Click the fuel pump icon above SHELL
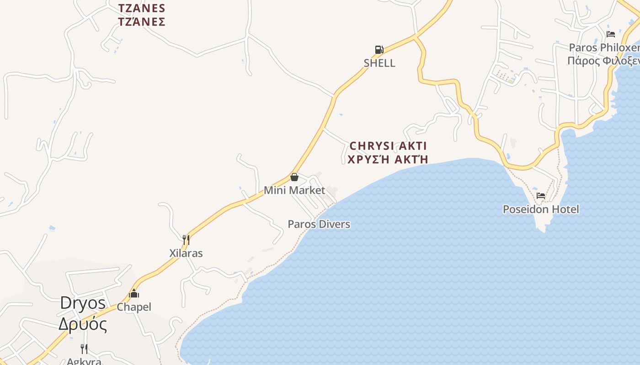tap(379, 49)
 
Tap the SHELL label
tap(379, 63)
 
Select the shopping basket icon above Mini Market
tap(294, 177)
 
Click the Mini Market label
tap(294, 190)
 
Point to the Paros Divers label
tap(319, 224)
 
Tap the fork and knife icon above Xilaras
tap(186, 240)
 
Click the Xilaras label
tap(186, 253)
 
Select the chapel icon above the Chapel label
tap(134, 294)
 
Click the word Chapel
tap(134, 307)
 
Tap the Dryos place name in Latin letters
tap(83, 303)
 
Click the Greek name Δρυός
tap(83, 324)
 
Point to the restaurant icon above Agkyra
tap(84, 349)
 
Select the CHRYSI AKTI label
tap(388, 146)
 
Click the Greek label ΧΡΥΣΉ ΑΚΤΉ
tap(388, 159)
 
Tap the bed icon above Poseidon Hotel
tap(541, 196)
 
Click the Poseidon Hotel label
tap(541, 209)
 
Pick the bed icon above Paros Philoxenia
tap(611, 34)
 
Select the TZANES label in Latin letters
tap(142, 8)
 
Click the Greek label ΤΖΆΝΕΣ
tap(142, 21)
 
